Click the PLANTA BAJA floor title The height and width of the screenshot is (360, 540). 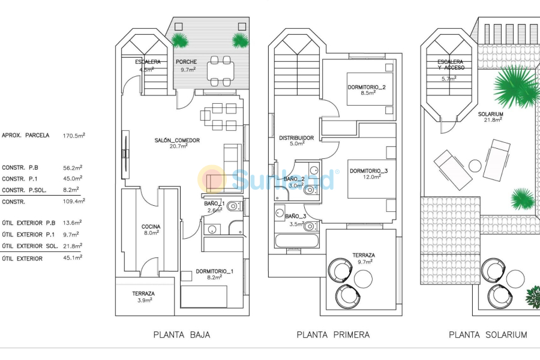(x=182, y=335)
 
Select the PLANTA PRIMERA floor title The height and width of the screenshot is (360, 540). (x=333, y=335)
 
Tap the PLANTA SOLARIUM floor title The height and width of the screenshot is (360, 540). (x=488, y=335)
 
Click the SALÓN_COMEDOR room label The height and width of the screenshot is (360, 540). (x=176, y=140)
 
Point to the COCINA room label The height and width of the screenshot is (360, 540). (x=151, y=226)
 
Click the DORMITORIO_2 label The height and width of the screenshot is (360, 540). (x=367, y=88)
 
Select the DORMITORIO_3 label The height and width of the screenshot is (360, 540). (x=368, y=170)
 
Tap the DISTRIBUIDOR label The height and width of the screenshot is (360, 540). (x=296, y=138)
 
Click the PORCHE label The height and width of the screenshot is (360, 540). (x=186, y=62)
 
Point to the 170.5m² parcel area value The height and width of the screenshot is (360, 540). (x=74, y=136)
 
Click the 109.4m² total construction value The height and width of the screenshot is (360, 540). (x=73, y=202)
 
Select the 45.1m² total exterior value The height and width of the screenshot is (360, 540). (x=73, y=258)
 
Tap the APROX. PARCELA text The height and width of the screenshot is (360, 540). (x=26, y=136)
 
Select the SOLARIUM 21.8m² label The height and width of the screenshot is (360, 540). (x=490, y=118)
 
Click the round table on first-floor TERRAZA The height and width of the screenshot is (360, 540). (x=363, y=279)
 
